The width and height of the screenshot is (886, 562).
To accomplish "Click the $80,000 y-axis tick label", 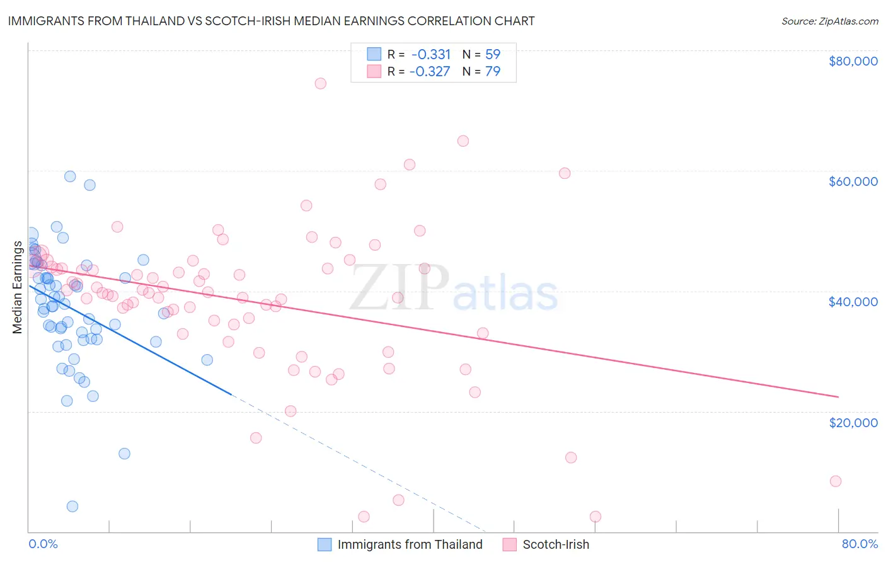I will (853, 61).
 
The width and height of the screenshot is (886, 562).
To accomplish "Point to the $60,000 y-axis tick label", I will (853, 181).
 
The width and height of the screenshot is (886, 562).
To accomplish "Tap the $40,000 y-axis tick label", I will (853, 302).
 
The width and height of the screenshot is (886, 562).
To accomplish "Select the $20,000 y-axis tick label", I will (853, 422).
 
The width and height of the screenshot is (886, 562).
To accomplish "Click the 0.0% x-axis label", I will (43, 544).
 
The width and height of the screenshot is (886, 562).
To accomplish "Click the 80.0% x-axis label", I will (860, 544).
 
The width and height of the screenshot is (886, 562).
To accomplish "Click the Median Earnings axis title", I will (17, 287).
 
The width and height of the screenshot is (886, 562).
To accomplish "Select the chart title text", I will (272, 21).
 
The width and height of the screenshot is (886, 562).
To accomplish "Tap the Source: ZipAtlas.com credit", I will (829, 21).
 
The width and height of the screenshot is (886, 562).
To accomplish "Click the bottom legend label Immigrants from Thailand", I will (410, 544).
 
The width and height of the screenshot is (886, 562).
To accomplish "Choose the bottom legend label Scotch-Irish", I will (556, 544).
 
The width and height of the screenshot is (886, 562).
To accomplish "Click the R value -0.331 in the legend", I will (431, 54).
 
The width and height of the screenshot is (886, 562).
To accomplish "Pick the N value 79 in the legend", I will (493, 71).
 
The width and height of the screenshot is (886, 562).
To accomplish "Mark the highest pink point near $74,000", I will (320, 83).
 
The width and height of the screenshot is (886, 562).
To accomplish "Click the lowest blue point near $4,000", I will (72, 507).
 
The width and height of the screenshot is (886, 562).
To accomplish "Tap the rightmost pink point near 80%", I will (836, 481).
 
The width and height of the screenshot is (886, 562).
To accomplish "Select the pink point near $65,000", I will (463, 141).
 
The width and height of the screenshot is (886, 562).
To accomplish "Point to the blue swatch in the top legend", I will (374, 54).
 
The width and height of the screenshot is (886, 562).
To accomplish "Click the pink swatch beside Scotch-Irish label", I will (509, 544).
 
